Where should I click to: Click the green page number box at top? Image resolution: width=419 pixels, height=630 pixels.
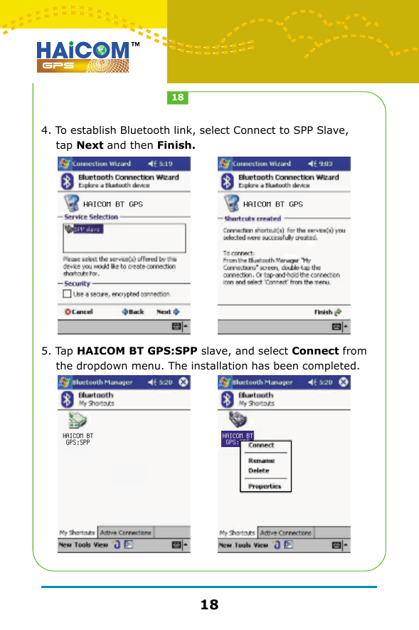point(178,97)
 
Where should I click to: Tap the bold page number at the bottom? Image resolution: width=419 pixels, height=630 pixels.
point(209,605)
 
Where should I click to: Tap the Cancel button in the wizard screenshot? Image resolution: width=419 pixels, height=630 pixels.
point(79,311)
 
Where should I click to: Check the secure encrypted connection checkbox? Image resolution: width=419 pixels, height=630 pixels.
point(67,293)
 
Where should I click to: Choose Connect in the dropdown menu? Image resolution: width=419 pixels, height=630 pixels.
point(261,445)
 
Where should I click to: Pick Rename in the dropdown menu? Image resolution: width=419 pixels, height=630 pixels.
point(261,461)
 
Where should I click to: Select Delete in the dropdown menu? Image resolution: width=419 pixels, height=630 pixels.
point(258,471)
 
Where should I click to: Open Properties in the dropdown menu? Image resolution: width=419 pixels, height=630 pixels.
point(265,486)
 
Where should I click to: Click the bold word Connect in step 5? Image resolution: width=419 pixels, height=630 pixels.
point(315,351)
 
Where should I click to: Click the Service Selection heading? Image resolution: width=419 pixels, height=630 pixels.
point(91,217)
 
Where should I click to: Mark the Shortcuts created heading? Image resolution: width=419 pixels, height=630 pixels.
point(253,219)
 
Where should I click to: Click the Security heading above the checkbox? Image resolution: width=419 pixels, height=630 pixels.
point(78,283)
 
